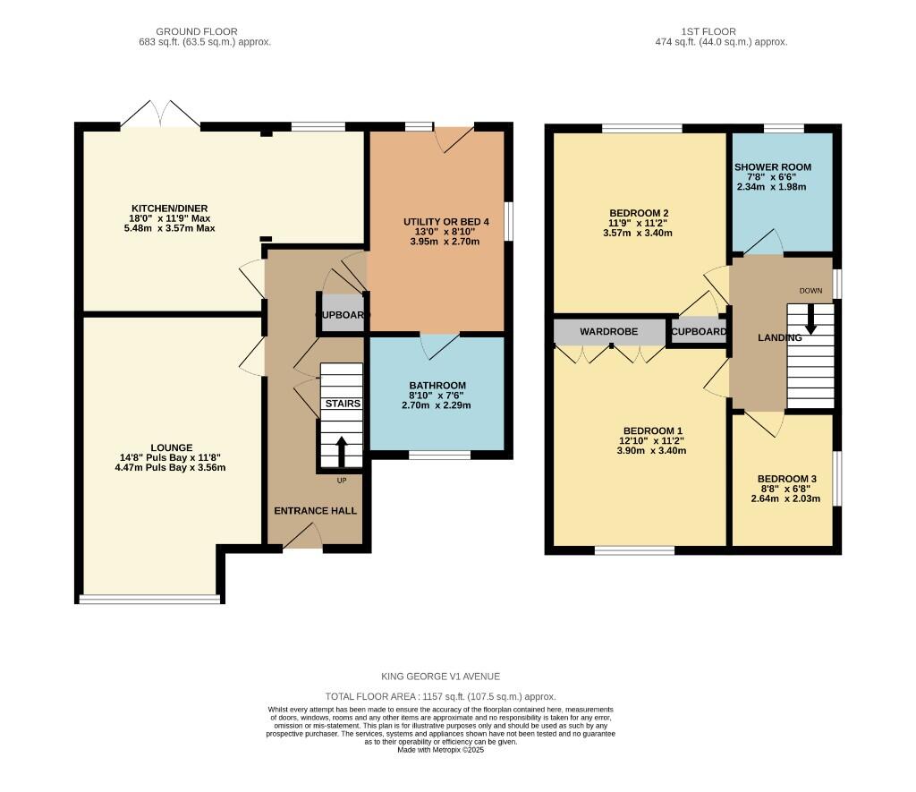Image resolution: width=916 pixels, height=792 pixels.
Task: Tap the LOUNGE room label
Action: pyautogui.click(x=172, y=447)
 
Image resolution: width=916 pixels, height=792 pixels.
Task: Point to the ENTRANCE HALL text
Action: pyautogui.click(x=315, y=511)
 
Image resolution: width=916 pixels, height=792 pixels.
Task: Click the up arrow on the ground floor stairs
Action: pyautogui.click(x=341, y=451)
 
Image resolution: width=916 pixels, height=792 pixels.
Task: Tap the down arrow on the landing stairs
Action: pyautogui.click(x=810, y=319)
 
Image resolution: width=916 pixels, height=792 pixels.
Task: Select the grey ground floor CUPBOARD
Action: pyautogui.click(x=342, y=315)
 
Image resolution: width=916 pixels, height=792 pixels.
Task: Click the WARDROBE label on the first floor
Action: pyautogui.click(x=608, y=332)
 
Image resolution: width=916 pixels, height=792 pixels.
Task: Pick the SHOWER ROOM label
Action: pyautogui.click(x=772, y=167)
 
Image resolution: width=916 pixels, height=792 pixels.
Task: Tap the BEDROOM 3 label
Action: pyautogui.click(x=786, y=479)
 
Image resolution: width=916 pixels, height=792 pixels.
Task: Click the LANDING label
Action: pyautogui.click(x=774, y=338)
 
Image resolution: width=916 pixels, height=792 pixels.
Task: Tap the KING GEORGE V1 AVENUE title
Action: pyautogui.click(x=441, y=677)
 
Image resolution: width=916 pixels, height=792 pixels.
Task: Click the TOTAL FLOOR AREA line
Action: pyautogui.click(x=441, y=696)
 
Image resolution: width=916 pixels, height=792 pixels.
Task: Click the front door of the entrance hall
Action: pyautogui.click(x=304, y=537)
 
